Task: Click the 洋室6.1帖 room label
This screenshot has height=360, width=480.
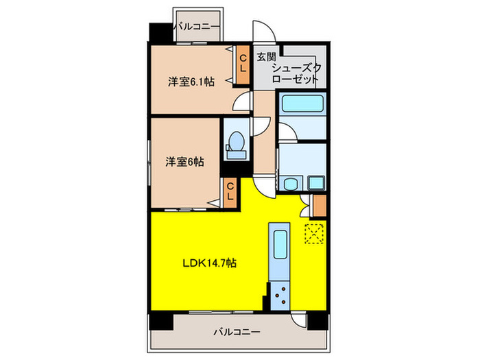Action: click(191, 82)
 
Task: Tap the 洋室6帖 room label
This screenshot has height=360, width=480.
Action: click(184, 162)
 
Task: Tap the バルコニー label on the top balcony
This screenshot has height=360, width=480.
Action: click(197, 27)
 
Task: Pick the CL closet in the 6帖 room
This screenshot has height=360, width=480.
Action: click(230, 190)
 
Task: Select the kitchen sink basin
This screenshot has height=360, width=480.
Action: click(280, 244)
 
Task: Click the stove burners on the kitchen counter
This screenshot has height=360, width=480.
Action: click(280, 296)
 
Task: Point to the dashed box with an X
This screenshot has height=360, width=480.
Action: click(313, 234)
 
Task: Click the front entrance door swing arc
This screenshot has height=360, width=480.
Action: click(265, 29)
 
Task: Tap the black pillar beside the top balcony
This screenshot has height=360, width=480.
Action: click(159, 32)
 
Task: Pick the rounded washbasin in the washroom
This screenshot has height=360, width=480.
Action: click(291, 183)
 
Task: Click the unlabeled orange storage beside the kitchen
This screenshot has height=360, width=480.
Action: click(318, 205)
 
